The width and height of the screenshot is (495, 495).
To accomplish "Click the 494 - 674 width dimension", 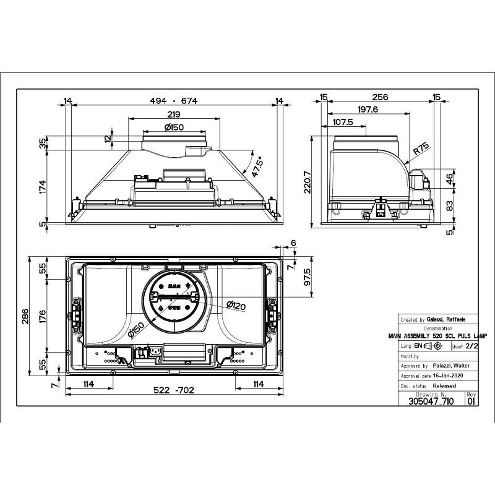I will (x=173, y=101).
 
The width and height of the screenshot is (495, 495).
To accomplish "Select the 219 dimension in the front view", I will (x=173, y=114).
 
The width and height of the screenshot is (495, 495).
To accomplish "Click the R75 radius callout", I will (x=421, y=149).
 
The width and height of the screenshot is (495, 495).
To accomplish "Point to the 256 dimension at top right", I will (x=380, y=97).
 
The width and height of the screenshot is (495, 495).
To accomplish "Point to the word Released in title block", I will (x=444, y=385).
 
